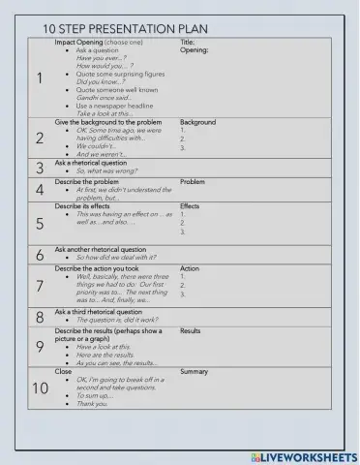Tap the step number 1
click(x=39, y=79)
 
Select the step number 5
click(x=39, y=224)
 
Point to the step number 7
click(x=39, y=286)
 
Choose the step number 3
click(x=39, y=168)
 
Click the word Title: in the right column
click(x=189, y=43)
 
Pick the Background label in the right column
click(x=198, y=123)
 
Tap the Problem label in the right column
click(x=193, y=181)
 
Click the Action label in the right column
click(x=190, y=268)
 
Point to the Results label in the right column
click(x=191, y=331)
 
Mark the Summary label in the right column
click(x=195, y=371)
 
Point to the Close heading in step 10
click(x=63, y=371)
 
